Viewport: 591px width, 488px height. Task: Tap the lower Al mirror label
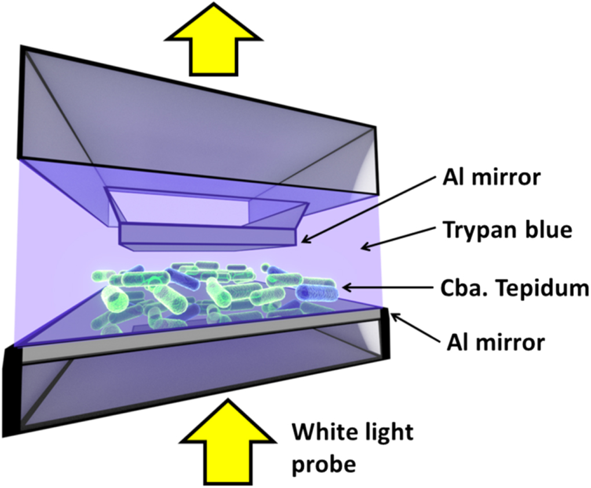click(495, 342)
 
